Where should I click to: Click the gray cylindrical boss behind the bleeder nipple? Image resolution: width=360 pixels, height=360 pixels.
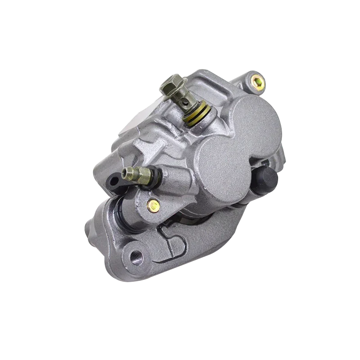pyautogui.click(x=169, y=180)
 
